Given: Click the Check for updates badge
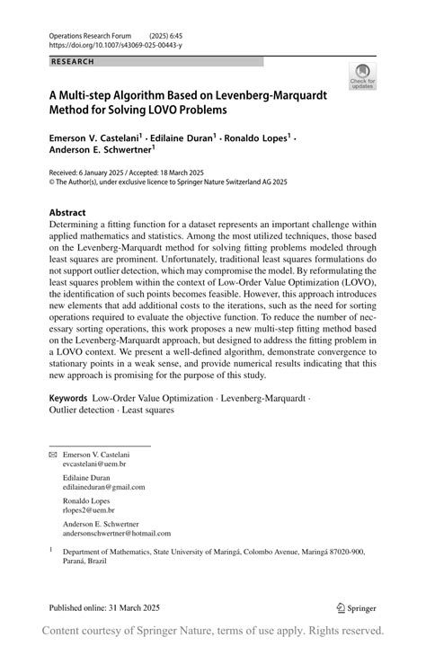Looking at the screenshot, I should [364, 76].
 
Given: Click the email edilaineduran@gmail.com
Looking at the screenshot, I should [103, 486].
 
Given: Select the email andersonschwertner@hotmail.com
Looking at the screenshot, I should [116, 533].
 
